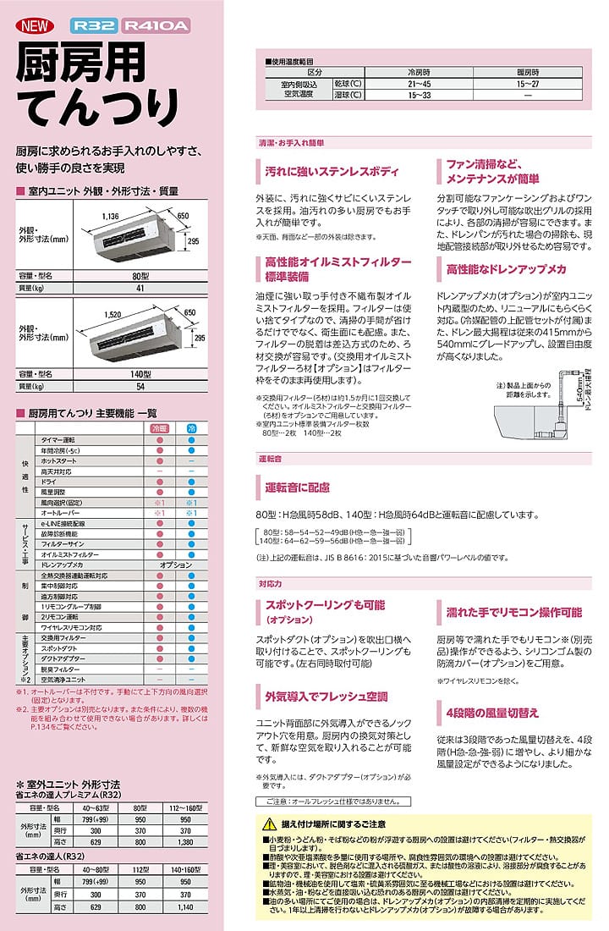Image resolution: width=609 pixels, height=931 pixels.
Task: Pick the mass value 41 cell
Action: click(x=140, y=289)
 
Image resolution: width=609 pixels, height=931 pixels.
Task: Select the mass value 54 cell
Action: click(x=140, y=386)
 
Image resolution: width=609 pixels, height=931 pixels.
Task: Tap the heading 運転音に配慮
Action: click(x=297, y=488)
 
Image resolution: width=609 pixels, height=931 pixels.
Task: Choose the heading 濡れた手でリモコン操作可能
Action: click(x=513, y=612)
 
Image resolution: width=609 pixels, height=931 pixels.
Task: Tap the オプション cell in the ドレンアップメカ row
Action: click(x=175, y=564)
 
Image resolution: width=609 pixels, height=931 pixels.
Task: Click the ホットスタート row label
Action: click(x=58, y=460)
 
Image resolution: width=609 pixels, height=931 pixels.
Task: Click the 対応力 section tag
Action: click(x=270, y=583)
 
